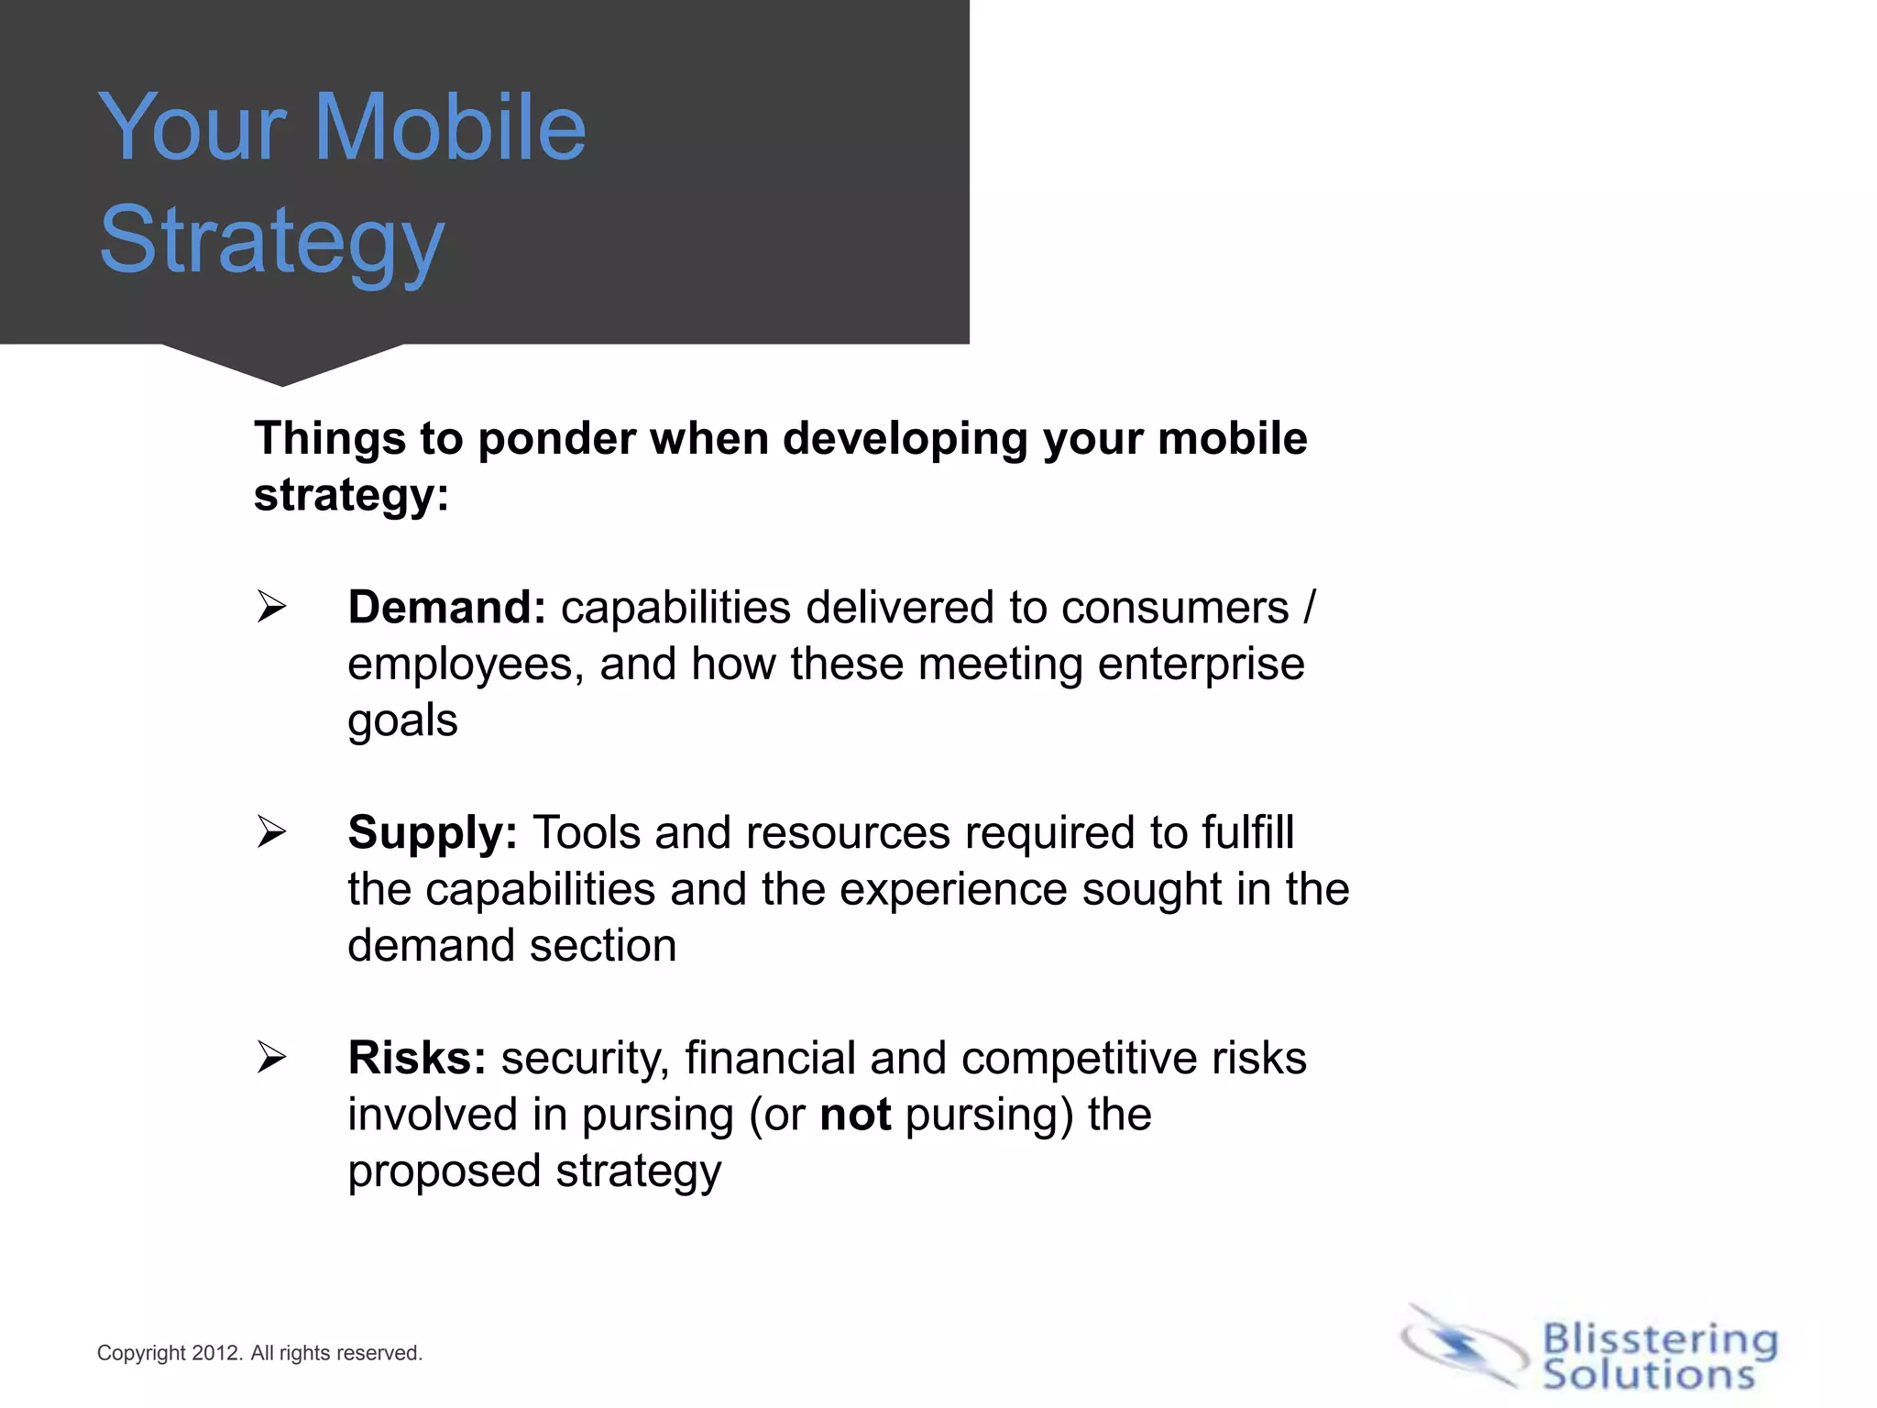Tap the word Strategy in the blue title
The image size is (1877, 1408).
pyautogui.click(x=271, y=240)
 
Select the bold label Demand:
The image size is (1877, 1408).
pyautogui.click(x=446, y=608)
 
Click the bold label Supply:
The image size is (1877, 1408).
pyautogui.click(x=433, y=833)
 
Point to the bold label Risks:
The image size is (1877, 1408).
pyautogui.click(x=417, y=1058)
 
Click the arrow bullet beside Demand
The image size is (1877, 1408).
pyautogui.click(x=271, y=607)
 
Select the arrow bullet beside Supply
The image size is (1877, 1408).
pyautogui.click(x=271, y=832)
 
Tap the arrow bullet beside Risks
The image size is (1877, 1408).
pyautogui.click(x=271, y=1058)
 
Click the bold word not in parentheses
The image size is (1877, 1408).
pyautogui.click(x=855, y=1116)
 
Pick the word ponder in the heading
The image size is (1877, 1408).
pyautogui.click(x=556, y=439)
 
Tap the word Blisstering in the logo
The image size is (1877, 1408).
pyautogui.click(x=1660, y=1339)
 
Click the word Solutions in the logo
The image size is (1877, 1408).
pyautogui.click(x=1648, y=1375)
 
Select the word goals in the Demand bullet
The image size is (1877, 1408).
pyautogui.click(x=402, y=721)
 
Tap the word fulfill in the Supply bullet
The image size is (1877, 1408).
pyautogui.click(x=1247, y=833)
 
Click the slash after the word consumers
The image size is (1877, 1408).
pyautogui.click(x=1309, y=608)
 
